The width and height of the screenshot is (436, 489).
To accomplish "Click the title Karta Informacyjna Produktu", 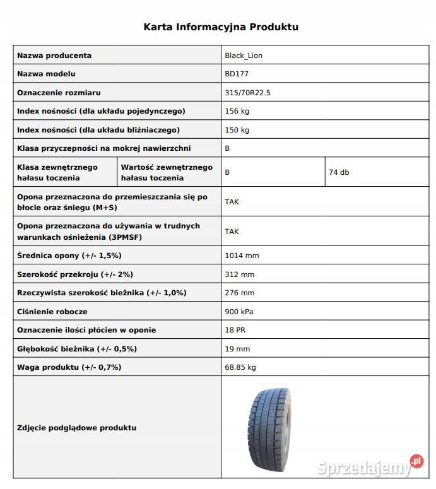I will click(221, 27).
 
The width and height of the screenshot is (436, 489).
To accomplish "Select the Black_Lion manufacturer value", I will click(244, 56).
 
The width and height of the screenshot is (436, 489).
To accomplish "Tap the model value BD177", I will click(236, 74).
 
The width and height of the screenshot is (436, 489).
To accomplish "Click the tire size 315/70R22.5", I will click(247, 93).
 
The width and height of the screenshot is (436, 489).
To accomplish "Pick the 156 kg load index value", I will click(237, 111).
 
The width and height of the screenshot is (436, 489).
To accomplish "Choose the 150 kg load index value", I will click(237, 130).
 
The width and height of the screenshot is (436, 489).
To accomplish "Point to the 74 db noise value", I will click(339, 172).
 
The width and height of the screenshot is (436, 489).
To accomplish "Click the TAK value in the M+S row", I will click(232, 202).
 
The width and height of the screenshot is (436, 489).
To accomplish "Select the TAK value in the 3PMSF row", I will click(232, 232).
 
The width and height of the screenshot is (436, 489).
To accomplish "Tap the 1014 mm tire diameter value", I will click(242, 256).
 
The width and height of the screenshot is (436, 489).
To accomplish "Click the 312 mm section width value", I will click(239, 274).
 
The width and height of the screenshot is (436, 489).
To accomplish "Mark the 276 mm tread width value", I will click(239, 293).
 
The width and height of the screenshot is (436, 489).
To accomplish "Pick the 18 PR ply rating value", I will click(235, 330).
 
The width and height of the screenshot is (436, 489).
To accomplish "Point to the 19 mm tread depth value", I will click(237, 349).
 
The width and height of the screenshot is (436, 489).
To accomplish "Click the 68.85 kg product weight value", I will click(240, 367).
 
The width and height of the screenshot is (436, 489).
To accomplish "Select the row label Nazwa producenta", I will click(54, 56).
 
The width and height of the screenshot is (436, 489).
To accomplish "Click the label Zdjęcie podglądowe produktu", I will click(77, 428).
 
